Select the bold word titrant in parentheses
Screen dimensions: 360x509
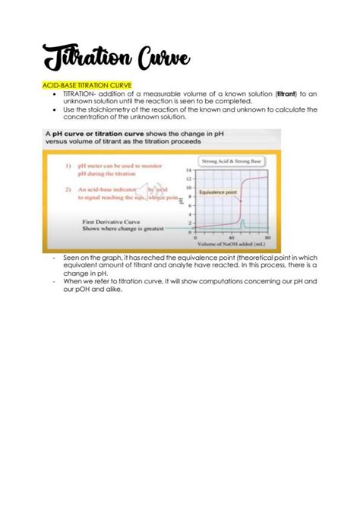(x=286, y=93)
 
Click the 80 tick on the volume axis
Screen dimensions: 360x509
(x=267, y=238)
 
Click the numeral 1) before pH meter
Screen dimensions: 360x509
(x=68, y=164)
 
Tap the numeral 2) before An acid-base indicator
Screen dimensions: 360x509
(x=68, y=188)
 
